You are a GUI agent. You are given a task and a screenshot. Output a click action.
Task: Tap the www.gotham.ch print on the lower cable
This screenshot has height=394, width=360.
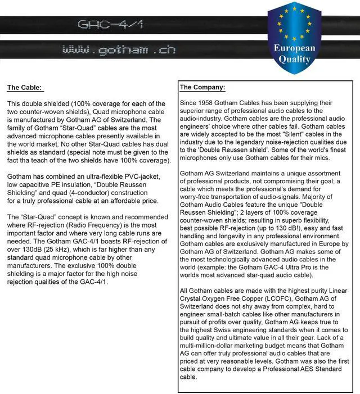119,50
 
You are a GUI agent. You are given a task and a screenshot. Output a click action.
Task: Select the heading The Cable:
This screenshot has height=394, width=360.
24,88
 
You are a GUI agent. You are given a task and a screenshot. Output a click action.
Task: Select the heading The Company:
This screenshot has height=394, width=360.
202,88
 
